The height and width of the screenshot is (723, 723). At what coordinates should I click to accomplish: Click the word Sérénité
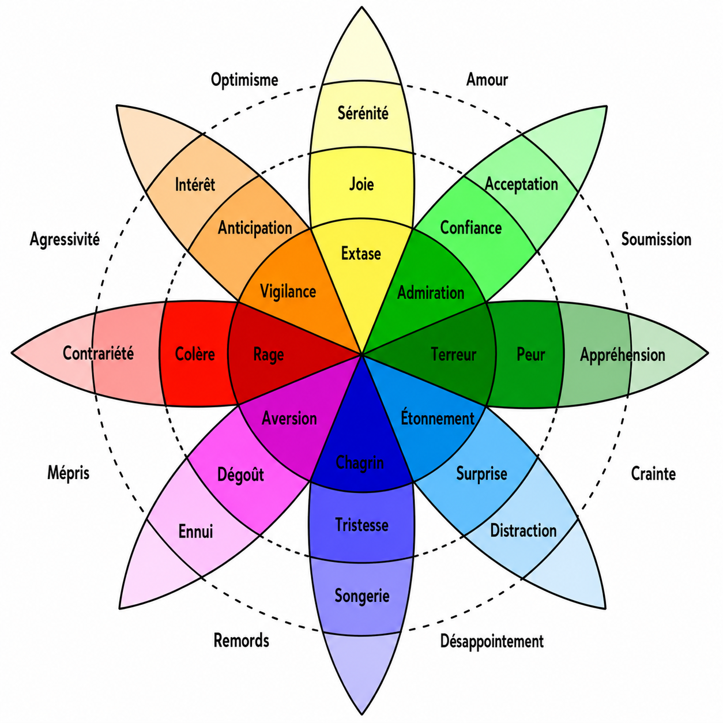[363, 114]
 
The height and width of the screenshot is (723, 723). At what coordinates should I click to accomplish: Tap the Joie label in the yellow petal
[361, 184]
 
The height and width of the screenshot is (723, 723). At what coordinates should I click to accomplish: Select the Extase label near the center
[361, 254]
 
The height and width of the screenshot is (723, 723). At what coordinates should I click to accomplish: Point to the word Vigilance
[288, 292]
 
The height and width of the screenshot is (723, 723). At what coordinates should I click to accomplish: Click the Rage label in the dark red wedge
[268, 355]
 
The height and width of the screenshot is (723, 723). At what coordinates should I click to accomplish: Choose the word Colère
[195, 354]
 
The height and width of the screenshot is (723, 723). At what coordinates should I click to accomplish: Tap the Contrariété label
[98, 353]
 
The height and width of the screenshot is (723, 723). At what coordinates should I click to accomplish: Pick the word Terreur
[454, 354]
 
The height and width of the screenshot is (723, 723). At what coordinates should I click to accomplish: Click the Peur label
[530, 354]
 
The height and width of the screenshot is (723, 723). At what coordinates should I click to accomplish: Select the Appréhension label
[623, 355]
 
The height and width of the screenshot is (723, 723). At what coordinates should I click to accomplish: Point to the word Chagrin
[359, 462]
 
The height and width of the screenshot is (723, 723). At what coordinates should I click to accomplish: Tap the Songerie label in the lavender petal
[361, 596]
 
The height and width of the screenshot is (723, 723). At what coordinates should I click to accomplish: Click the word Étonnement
[438, 417]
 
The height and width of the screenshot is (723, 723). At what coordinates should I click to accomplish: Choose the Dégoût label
[240, 475]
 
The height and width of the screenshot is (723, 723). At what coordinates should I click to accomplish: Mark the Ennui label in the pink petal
[195, 531]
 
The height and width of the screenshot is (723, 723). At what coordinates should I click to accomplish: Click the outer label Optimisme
[244, 80]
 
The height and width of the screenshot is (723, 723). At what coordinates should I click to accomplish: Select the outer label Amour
[487, 80]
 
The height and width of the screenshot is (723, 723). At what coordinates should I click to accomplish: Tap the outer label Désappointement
[491, 641]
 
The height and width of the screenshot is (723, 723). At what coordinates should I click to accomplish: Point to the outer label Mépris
[68, 473]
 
